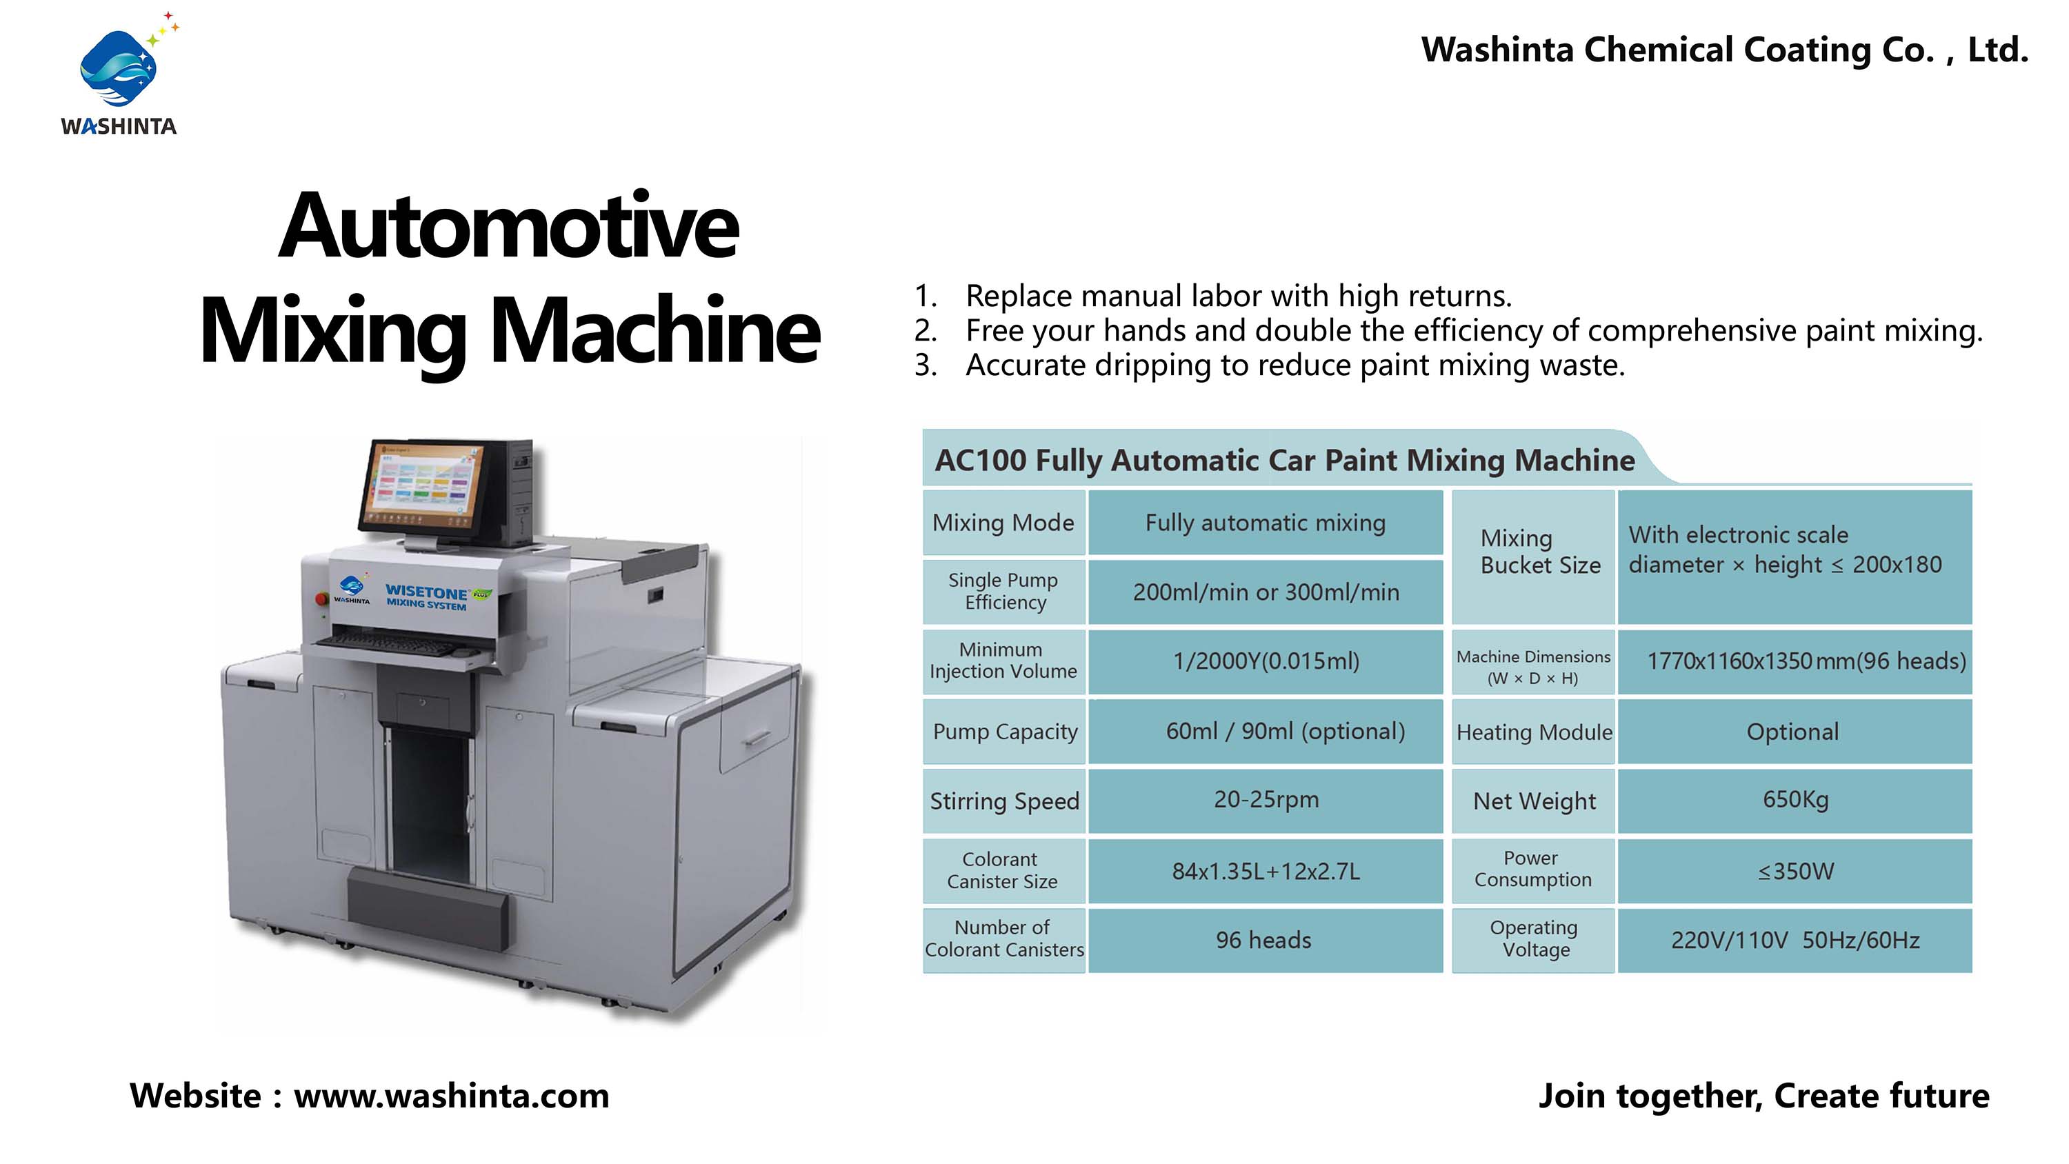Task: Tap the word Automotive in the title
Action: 508,227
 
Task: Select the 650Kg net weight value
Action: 1795,800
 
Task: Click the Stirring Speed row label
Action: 1004,801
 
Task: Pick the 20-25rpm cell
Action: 1266,800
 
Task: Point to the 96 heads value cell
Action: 1263,941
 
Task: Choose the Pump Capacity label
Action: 1005,732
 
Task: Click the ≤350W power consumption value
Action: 1796,872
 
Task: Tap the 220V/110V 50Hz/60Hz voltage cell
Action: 1795,941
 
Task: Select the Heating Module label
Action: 1534,732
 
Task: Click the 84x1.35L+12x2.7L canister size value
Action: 1266,872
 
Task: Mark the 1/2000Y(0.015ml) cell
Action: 1266,661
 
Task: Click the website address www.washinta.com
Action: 452,1096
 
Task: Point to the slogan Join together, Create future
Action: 1763,1096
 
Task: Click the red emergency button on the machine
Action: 321,599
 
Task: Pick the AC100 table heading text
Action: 1284,461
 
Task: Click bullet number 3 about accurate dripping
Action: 1270,365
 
